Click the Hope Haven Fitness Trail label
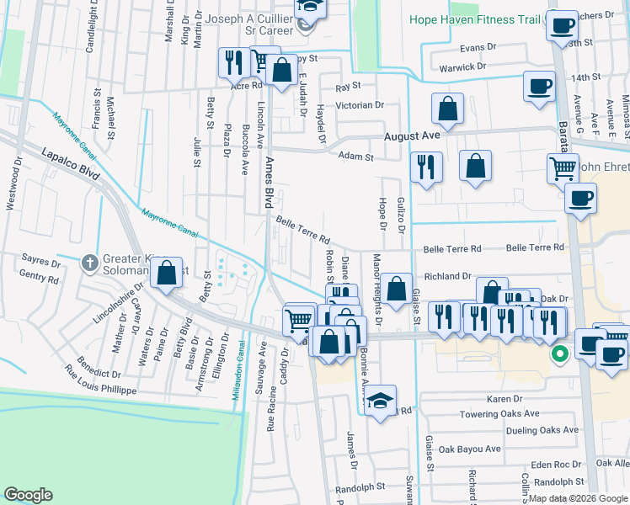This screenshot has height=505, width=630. tap(475, 19)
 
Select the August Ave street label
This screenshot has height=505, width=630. tap(412, 136)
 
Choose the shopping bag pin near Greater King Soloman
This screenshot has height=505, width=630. tap(167, 274)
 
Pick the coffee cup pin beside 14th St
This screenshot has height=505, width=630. tap(539, 85)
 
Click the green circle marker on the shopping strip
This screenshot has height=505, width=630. tap(558, 355)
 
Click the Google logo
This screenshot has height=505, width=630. tap(28, 495)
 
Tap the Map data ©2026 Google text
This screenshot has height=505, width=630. tap(576, 498)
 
